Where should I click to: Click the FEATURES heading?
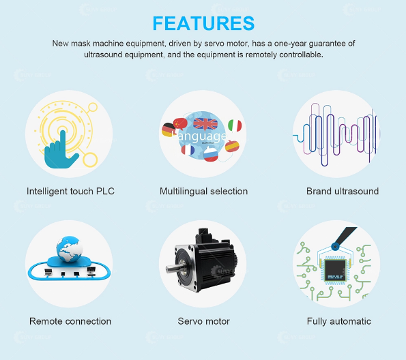click(203, 23)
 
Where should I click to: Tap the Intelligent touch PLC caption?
click(70, 192)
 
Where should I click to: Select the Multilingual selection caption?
click(203, 192)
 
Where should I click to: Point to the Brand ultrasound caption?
click(343, 192)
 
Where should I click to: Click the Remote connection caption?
click(70, 321)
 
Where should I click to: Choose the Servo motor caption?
click(203, 321)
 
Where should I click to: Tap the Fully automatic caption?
click(339, 321)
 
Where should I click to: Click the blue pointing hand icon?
click(59, 153)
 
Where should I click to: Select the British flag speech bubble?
click(205, 124)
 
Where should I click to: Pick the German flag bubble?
click(169, 130)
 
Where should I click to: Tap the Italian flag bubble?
click(235, 125)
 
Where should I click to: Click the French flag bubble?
click(188, 150)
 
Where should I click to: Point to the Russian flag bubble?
click(211, 153)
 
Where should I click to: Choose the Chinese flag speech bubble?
click(180, 124)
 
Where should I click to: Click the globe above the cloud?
click(70, 249)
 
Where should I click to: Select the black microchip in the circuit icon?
click(335, 270)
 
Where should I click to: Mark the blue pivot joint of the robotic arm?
click(335, 247)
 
